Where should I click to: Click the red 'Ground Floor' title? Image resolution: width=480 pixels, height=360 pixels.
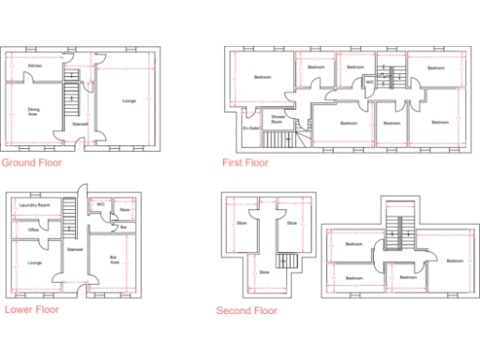pos(32,163)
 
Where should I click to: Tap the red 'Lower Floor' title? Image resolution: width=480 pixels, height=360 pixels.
pos(32,307)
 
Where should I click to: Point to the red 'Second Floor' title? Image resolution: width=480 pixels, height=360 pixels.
pos(247,310)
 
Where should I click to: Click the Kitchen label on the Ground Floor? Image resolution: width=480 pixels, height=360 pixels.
pos(35,66)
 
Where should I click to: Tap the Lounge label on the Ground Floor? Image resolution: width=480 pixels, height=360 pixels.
pos(129,100)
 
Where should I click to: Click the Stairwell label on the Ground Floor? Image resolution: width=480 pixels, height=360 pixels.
pos(81,124)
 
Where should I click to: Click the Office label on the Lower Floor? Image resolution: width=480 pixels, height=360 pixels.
pos(33,230)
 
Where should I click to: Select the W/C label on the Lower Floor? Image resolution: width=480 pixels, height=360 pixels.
pos(100,203)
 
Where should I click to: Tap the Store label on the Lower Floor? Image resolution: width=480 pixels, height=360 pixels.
pos(124,212)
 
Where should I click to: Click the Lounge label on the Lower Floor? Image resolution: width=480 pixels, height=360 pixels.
pos(35,262)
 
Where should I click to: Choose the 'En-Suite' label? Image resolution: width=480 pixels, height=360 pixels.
pos(249,127)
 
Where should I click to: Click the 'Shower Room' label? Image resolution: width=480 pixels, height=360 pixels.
pos(277,119)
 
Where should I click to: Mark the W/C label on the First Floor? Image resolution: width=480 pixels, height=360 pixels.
pos(369,82)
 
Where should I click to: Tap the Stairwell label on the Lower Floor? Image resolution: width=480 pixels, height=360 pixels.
pos(74,249)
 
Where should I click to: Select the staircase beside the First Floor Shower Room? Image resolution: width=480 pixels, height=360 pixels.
pos(277,140)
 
